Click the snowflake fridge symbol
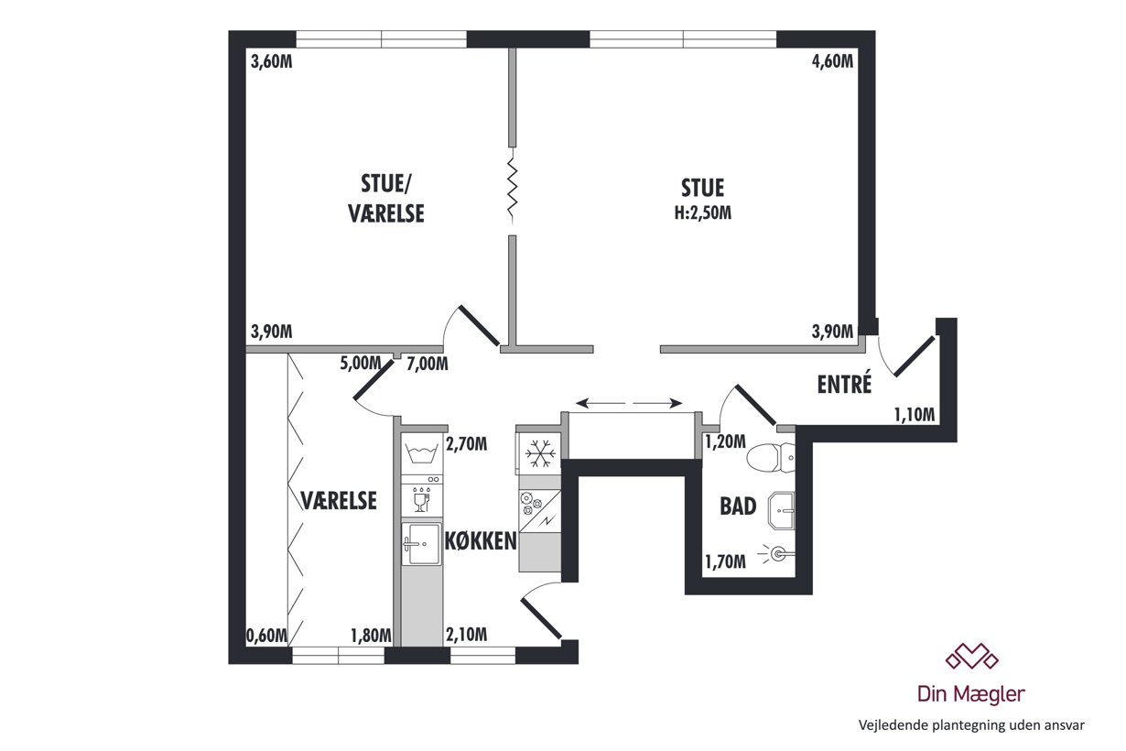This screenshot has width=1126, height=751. click(540, 453)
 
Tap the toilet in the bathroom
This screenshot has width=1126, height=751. click(770, 458)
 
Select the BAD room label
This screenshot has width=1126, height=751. click(738, 506)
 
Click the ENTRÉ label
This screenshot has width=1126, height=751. click(844, 385)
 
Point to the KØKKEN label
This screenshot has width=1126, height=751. click(481, 540)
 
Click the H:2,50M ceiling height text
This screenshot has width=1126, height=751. click(703, 213)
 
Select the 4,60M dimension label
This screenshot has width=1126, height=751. click(832, 61)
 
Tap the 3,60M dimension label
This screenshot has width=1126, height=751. click(272, 62)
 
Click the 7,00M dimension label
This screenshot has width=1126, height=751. click(428, 364)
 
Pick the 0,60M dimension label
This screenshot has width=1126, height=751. click(267, 636)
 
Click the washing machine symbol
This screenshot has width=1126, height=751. click(421, 453)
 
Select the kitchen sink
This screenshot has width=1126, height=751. click(421, 544)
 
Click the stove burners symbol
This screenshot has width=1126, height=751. click(531, 504)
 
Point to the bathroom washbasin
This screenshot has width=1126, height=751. click(781, 510)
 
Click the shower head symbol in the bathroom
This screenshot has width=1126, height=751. click(777, 554)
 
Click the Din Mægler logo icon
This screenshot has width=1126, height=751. click(971, 656)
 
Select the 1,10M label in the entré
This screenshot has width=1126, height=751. click(915, 415)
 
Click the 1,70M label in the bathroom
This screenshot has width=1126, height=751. click(725, 561)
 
